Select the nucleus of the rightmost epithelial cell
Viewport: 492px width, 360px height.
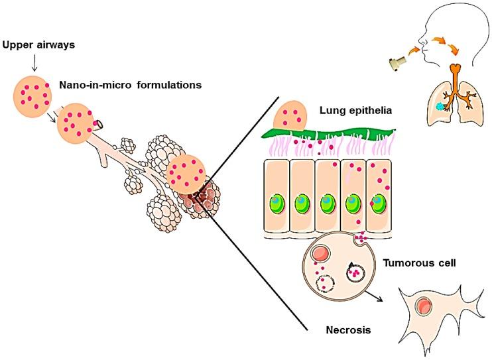[x=379, y=202]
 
